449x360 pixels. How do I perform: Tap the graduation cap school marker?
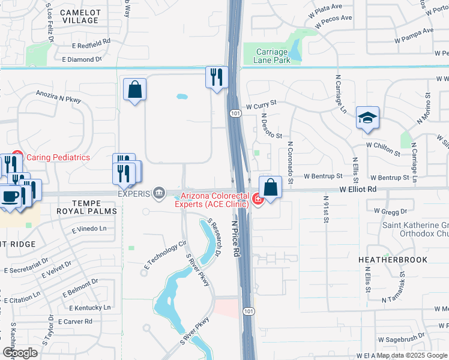(367, 118)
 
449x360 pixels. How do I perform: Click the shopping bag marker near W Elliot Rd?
(271, 187)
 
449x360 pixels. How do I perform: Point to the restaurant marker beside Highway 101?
(217, 77)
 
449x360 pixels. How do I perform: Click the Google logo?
(20, 352)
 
